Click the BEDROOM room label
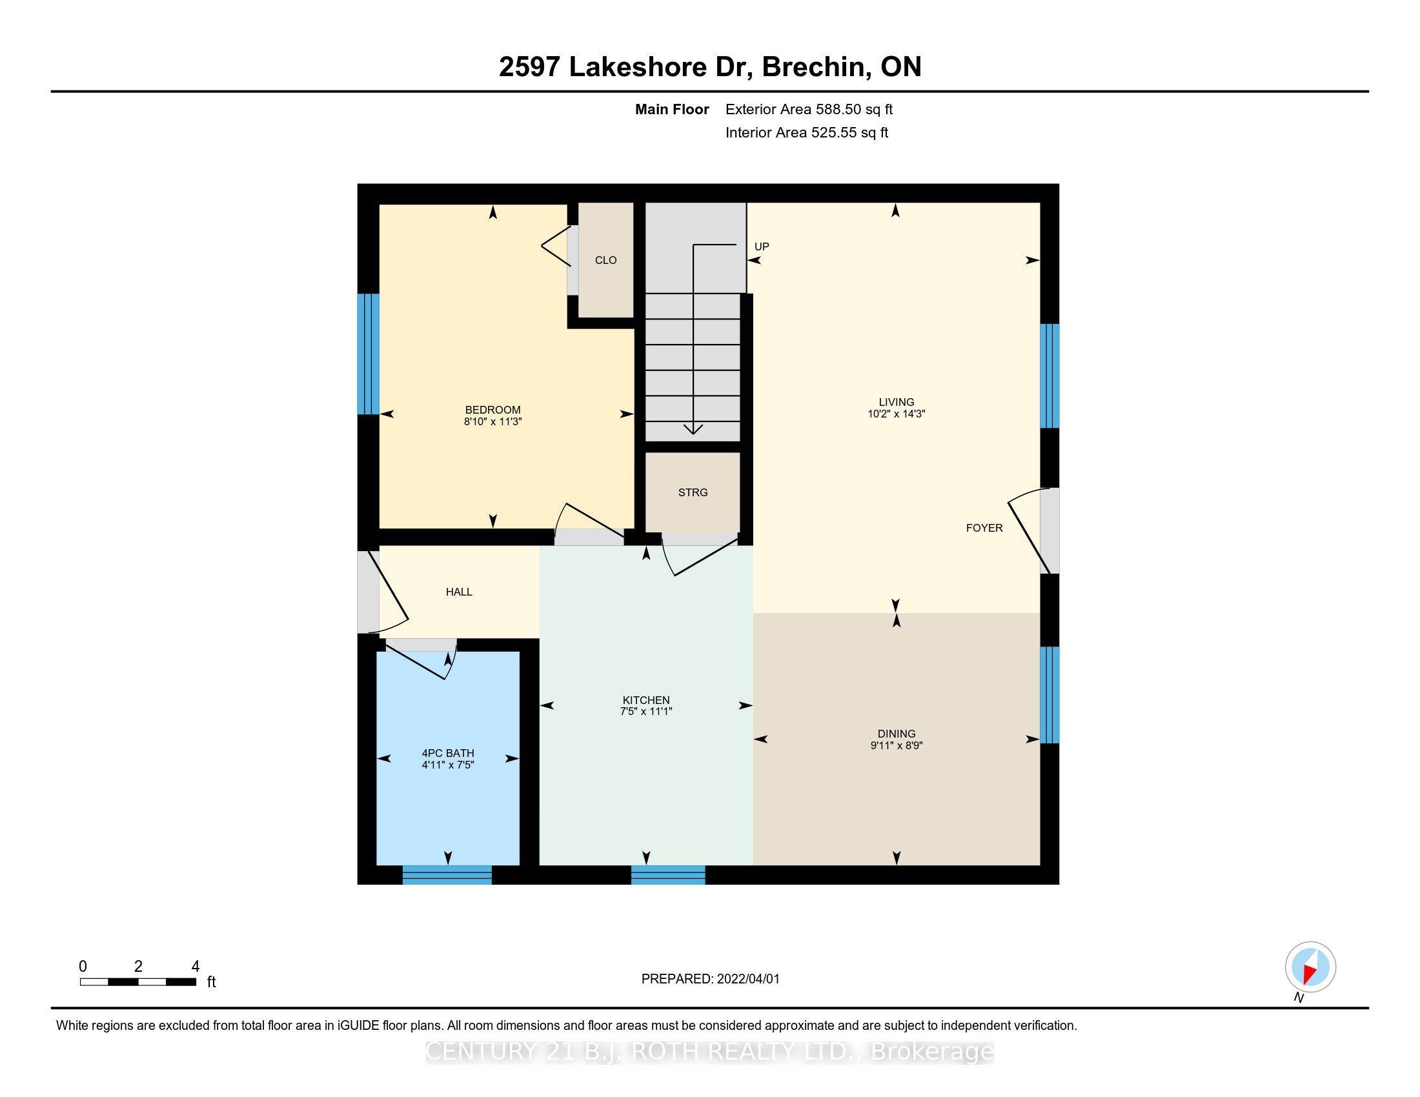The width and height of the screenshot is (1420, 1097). tap(492, 409)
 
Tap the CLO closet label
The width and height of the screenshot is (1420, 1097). tap(605, 260)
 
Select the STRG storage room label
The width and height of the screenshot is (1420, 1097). tap(693, 492)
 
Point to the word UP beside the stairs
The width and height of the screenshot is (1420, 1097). tap(762, 247)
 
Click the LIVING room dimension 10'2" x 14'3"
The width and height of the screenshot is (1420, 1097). tap(896, 414)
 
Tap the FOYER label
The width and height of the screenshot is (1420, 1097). tap(984, 528)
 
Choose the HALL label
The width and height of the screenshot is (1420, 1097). tap(459, 592)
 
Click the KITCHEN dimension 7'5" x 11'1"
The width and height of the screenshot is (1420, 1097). tap(645, 711)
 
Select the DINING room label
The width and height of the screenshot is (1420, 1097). tap(896, 734)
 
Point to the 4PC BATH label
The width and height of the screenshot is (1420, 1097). tap(447, 753)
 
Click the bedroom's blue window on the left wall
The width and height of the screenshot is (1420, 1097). tap(368, 354)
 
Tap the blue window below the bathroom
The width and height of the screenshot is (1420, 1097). tap(447, 875)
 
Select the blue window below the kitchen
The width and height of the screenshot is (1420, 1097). tap(669, 875)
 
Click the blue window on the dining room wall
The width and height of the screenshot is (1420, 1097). tap(1050, 695)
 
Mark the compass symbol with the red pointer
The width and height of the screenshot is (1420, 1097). tap(1310, 967)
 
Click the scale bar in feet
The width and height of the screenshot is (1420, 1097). tap(138, 982)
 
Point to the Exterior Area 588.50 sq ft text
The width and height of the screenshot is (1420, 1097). tap(809, 109)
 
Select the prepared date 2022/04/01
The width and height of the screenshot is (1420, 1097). tap(747, 979)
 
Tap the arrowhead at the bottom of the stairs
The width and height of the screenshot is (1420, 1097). tap(694, 429)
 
